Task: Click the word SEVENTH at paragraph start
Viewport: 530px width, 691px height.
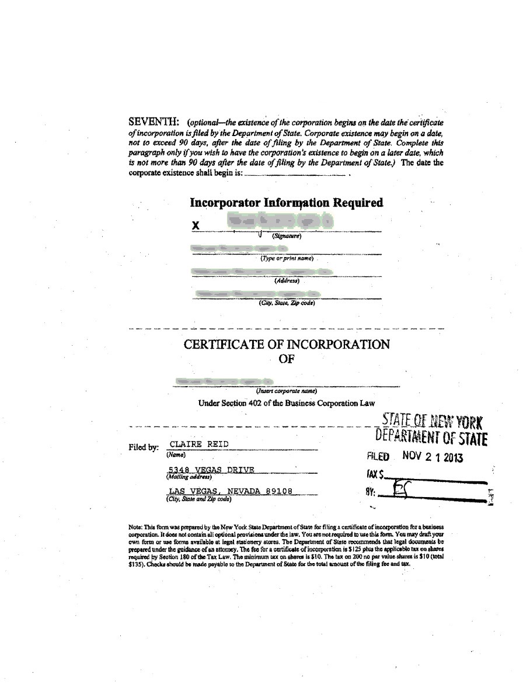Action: [x=154, y=122]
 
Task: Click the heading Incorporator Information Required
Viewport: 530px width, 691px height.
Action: [x=286, y=203]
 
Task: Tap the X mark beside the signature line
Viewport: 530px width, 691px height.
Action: [x=196, y=225]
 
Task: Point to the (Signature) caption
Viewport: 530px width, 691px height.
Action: [x=286, y=236]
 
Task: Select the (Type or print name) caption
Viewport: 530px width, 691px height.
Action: [x=287, y=258]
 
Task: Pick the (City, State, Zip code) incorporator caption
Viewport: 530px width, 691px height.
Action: [x=287, y=303]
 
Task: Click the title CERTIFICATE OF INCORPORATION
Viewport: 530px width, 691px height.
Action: [x=287, y=344]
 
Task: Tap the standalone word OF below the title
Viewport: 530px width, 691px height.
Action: [x=286, y=359]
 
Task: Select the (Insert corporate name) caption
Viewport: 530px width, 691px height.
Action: [x=286, y=391]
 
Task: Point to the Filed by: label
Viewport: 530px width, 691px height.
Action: [x=144, y=448]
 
